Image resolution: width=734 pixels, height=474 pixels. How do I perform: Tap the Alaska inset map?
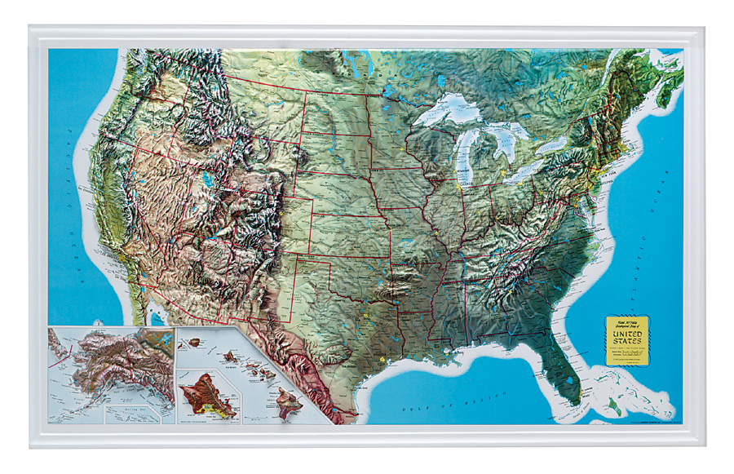[x=110, y=371]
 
